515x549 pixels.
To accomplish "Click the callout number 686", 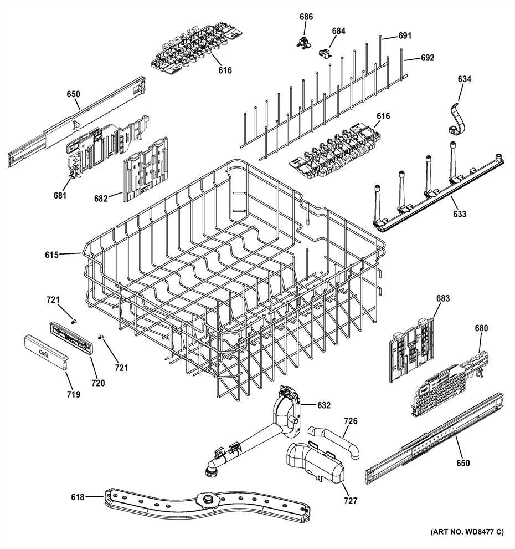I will point(306,17).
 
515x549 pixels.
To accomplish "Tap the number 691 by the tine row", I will point(405,36).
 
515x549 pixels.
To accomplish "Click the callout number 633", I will point(460,214).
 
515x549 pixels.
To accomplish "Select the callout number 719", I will point(73,394).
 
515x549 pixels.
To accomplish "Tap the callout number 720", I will point(98,383).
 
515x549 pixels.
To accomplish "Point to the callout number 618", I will point(78,497).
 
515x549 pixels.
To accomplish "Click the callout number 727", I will point(350,501).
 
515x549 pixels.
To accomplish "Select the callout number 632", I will point(323,405).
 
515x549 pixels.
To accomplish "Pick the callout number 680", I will point(481,328).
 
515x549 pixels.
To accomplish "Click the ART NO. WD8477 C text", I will point(467,532).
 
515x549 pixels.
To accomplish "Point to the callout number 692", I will point(427,57).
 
